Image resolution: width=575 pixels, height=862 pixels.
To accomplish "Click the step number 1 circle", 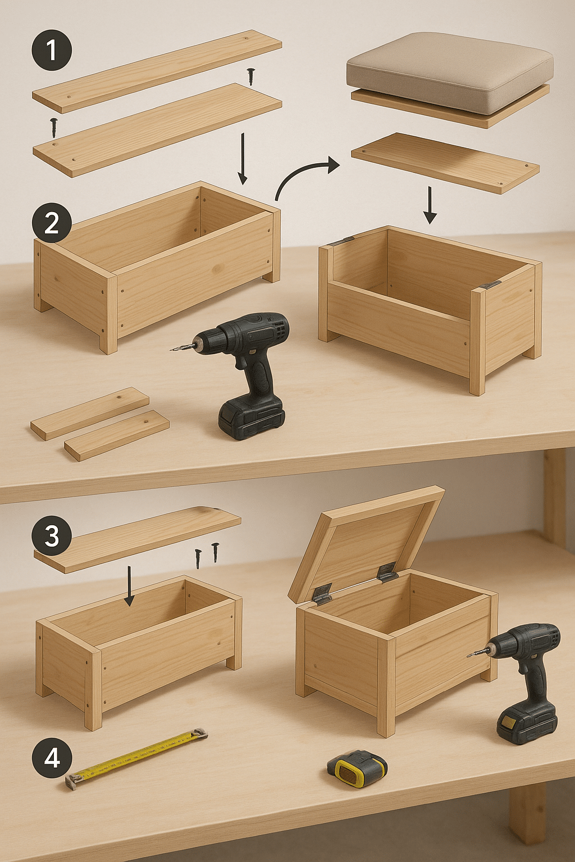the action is click(x=51, y=50).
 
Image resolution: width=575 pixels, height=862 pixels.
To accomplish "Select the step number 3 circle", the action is click(x=52, y=535).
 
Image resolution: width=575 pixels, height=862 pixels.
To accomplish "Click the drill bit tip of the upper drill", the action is click(x=171, y=350).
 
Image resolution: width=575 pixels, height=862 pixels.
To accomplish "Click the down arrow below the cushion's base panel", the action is click(x=430, y=205).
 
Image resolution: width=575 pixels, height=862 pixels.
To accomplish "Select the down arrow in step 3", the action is click(x=129, y=586).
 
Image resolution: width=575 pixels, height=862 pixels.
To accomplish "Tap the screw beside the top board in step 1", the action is click(x=251, y=76).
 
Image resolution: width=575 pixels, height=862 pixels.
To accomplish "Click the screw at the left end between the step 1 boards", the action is click(x=53, y=127).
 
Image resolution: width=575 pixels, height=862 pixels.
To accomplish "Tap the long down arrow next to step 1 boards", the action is click(x=242, y=159).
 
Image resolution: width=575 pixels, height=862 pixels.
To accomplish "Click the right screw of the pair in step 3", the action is click(x=215, y=552).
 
